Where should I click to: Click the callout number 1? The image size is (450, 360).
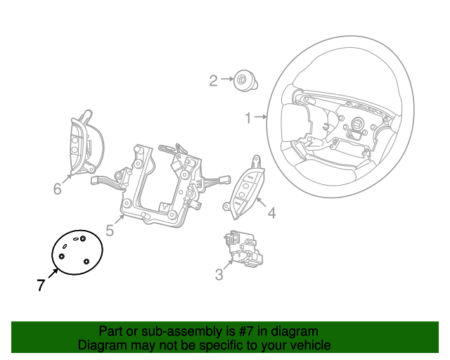click(248, 118)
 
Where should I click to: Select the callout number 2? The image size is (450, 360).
click(213, 81)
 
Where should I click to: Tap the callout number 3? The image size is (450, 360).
click(219, 275)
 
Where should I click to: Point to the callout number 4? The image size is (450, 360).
click(271, 213)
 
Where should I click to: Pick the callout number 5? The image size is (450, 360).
click(110, 231)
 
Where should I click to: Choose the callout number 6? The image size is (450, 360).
click(58, 189)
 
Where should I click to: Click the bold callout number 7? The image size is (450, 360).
click(41, 285)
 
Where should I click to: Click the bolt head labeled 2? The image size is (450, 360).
click(245, 81)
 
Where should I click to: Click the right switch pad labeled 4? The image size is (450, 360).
click(245, 189)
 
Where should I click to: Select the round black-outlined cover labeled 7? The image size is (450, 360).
click(77, 252)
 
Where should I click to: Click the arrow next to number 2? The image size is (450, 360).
click(227, 79)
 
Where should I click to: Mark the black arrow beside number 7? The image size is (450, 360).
click(53, 273)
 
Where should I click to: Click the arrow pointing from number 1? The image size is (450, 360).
click(260, 117)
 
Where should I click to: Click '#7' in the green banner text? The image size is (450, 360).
click(246, 332)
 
